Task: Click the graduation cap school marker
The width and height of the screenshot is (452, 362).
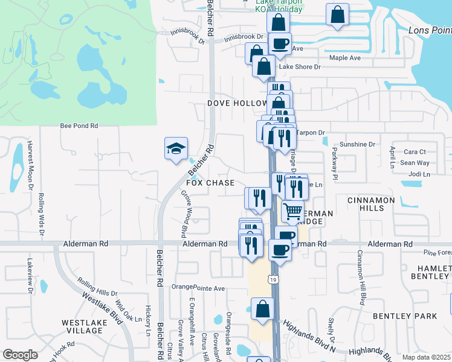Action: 176,148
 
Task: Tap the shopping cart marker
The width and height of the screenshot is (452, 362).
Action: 292,211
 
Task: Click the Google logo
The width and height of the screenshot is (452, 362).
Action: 20,355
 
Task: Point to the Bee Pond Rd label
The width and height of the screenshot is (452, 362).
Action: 79,126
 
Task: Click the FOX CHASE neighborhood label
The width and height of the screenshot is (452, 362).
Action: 210,183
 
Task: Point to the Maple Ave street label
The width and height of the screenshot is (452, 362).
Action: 344,58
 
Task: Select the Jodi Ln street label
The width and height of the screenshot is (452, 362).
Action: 419,174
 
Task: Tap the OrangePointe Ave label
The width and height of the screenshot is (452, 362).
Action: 198,288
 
